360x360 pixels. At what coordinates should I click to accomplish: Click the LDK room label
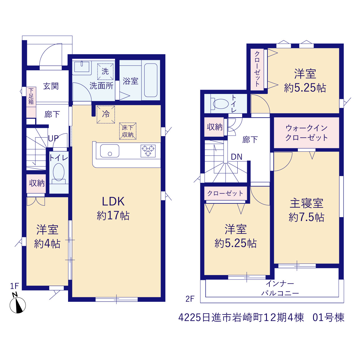(113, 202)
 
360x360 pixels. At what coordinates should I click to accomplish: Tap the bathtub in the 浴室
(150, 80)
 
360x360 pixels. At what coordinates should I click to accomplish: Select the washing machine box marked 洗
(105, 71)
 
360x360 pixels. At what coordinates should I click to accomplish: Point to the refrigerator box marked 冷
(105, 114)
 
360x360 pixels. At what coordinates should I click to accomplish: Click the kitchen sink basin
(110, 151)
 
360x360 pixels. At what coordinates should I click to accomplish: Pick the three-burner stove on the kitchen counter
(148, 151)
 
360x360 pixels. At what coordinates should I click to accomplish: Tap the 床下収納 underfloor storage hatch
(128, 131)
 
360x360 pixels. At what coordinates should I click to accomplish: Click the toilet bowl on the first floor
(59, 172)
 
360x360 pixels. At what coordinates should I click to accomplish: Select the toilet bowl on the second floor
(220, 104)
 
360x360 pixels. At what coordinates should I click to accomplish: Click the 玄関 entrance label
(51, 86)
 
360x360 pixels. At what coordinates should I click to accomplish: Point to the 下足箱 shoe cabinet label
(31, 96)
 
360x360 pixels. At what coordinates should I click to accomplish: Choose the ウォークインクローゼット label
(306, 133)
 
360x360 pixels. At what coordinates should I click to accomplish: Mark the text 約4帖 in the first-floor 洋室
(47, 244)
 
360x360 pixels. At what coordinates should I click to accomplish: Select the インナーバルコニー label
(280, 289)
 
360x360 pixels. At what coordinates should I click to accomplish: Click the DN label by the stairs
(237, 157)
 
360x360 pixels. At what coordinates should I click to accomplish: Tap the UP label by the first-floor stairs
(53, 138)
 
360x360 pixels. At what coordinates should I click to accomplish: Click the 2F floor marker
(190, 299)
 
